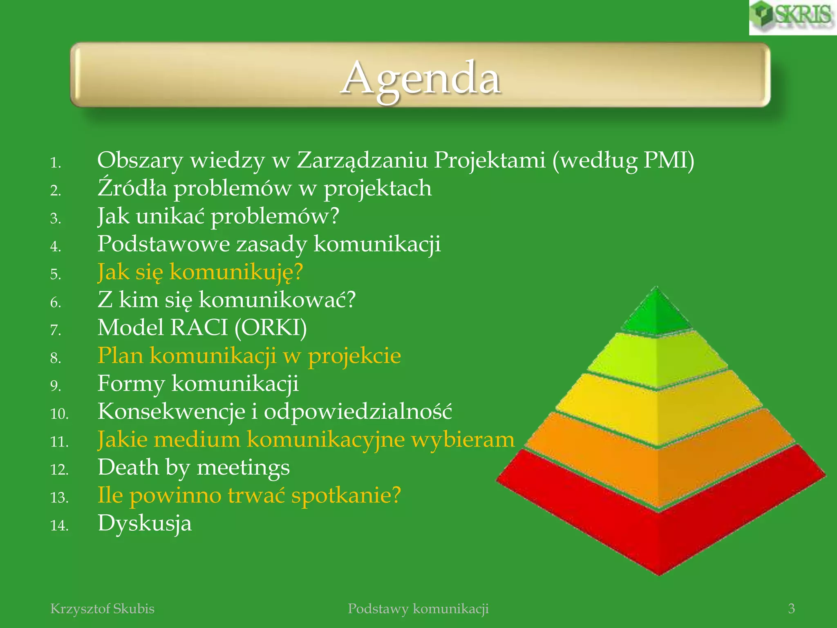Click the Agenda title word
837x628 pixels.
tap(421, 78)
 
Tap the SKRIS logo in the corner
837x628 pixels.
tap(793, 17)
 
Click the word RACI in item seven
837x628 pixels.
tap(199, 328)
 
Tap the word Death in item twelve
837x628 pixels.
tap(128, 467)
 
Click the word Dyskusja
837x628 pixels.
tap(144, 523)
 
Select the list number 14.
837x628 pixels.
tap(59, 525)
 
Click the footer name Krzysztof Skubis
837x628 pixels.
tap(102, 609)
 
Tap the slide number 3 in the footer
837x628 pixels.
tap(791, 609)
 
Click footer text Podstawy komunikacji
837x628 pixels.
tap(418, 609)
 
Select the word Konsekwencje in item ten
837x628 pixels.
tap(171, 412)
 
